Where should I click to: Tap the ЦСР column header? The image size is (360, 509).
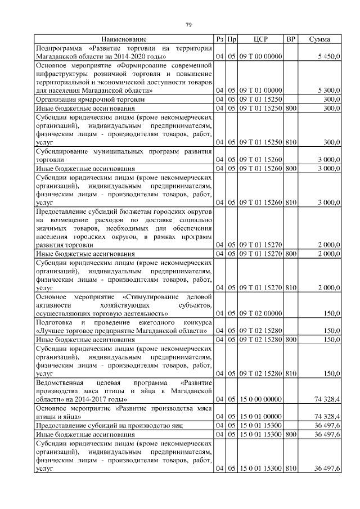pyautogui.click(x=260, y=39)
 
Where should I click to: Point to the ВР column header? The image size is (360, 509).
pyautogui.click(x=290, y=39)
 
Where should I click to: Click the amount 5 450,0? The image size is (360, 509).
pyautogui.click(x=328, y=57)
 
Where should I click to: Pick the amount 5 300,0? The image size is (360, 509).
pyautogui.click(x=328, y=90)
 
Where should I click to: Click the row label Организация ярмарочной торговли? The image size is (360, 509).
pyautogui.click(x=82, y=99)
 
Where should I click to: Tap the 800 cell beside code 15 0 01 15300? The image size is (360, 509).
pyautogui.click(x=290, y=435)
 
